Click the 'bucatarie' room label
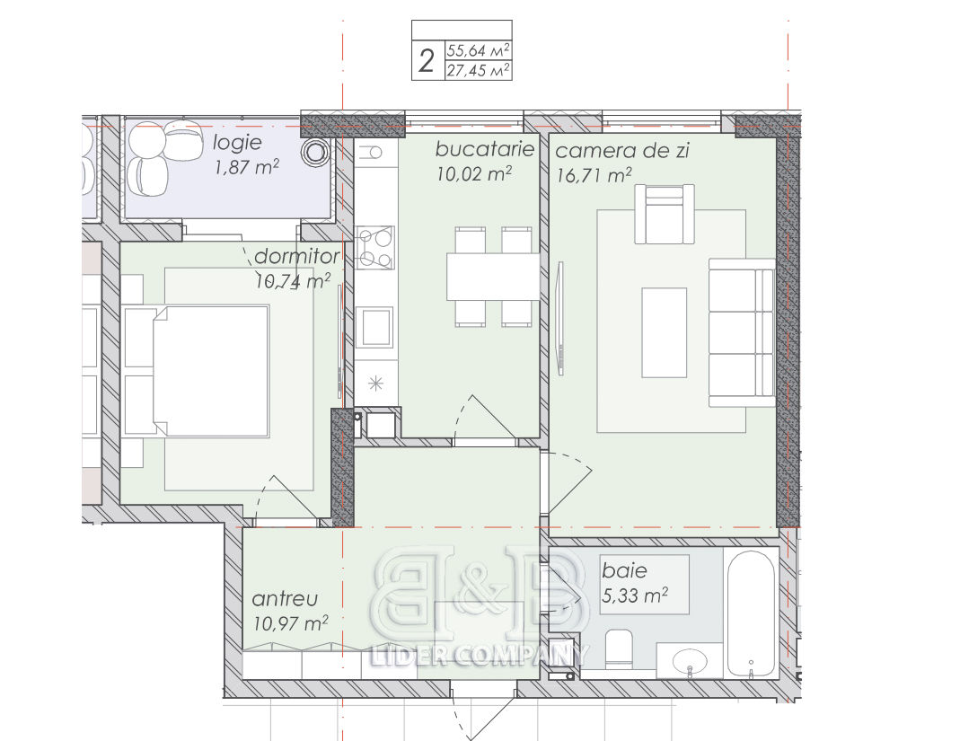pos(485,149)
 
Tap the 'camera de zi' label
pos(622,151)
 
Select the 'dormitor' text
pos(297,256)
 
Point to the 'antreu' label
pos(285,598)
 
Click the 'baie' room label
pos(624,570)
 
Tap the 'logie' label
pos(238,143)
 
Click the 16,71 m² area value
pos(594,175)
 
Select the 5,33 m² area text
pos(634,595)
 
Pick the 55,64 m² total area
pos(478,49)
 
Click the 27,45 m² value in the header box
pos(478,70)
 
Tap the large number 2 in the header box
pos(427,61)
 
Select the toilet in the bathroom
pos(619,648)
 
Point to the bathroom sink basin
pos(690,661)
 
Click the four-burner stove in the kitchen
pos(374,248)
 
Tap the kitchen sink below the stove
pos(375,328)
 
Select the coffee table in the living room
pos(665,332)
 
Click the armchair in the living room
pos(665,215)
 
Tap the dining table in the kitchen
pos(493,277)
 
